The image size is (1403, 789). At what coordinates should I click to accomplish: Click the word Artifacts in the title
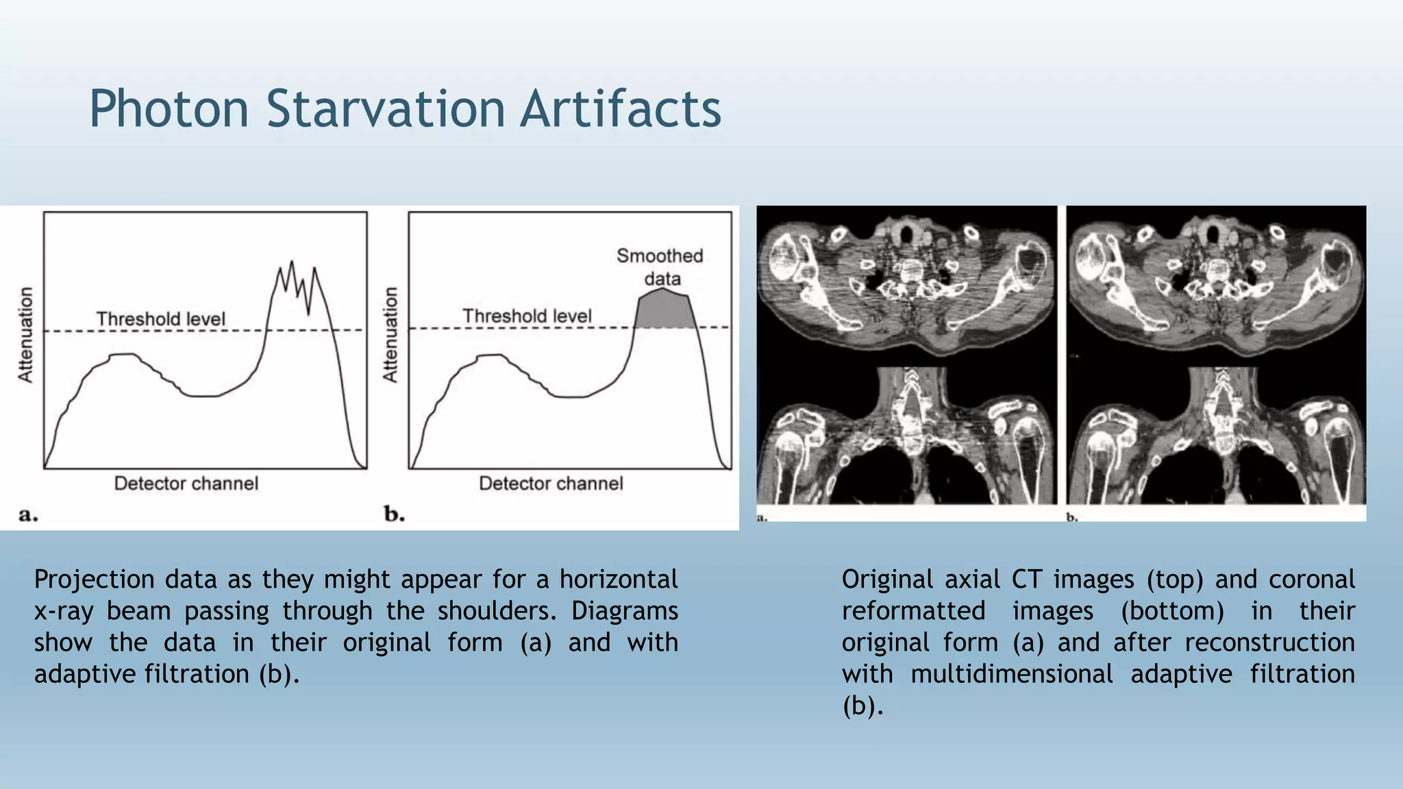621,109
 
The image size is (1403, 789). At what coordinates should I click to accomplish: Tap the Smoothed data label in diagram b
660,267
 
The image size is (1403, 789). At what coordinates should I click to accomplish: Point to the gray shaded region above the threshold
662,310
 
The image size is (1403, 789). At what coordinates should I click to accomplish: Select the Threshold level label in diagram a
160,319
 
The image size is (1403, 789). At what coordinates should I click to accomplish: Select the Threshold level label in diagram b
526,316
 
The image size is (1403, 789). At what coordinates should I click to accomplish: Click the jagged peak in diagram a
297,288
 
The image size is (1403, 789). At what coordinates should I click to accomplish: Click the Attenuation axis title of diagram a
25,334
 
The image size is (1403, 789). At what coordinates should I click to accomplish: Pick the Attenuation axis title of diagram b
390,334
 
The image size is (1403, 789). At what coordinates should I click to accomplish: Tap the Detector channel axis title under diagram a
186,484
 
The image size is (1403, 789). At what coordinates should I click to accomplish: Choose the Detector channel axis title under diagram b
551,484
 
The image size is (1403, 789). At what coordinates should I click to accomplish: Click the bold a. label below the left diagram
28,514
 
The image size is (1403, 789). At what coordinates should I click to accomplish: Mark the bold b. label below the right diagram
394,514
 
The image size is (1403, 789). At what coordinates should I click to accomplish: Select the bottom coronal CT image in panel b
1217,436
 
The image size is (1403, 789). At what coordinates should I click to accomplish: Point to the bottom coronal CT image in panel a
906,436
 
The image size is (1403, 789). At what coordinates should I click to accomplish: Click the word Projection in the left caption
94,580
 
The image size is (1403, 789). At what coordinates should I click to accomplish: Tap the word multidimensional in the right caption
1011,675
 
